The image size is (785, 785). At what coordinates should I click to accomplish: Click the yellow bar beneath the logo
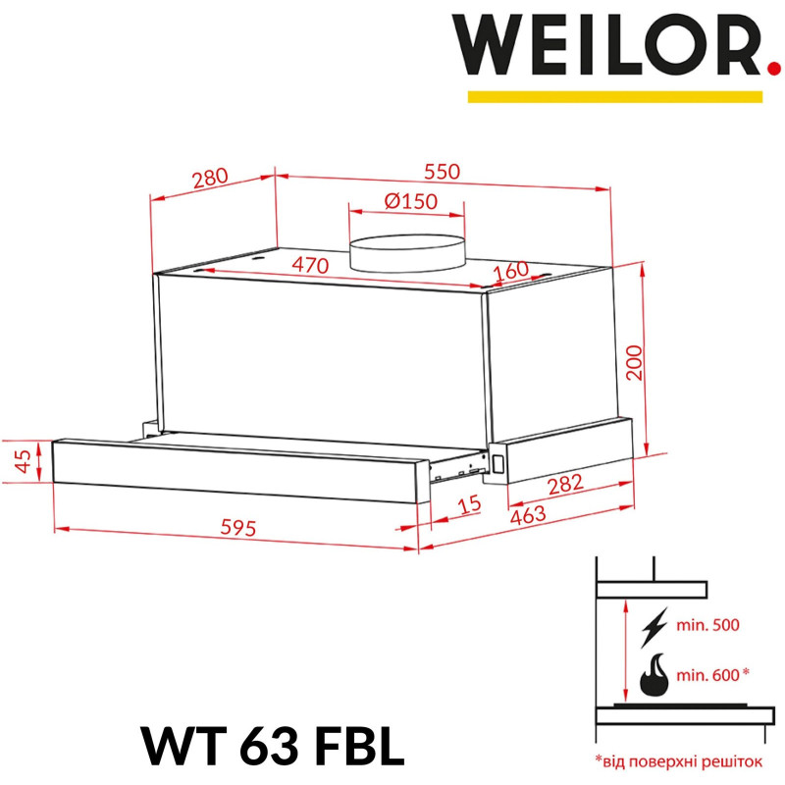pyautogui.click(x=615, y=96)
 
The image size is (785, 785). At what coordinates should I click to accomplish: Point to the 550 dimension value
pyautogui.click(x=442, y=171)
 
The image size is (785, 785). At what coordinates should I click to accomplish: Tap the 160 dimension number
pyautogui.click(x=510, y=270)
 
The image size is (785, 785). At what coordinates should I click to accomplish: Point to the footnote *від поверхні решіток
pyautogui.click(x=677, y=759)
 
